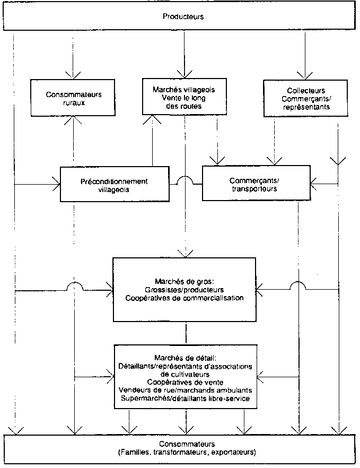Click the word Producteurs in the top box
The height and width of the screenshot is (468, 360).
[184, 17]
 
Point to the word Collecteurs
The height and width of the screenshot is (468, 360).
[304, 91]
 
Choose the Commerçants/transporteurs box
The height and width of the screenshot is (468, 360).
[256, 184]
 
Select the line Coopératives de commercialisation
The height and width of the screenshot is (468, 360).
[185, 298]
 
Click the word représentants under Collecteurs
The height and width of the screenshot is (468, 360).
[305, 107]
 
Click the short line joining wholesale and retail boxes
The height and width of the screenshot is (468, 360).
[186, 333]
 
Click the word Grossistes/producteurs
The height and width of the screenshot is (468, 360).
[185, 290]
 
